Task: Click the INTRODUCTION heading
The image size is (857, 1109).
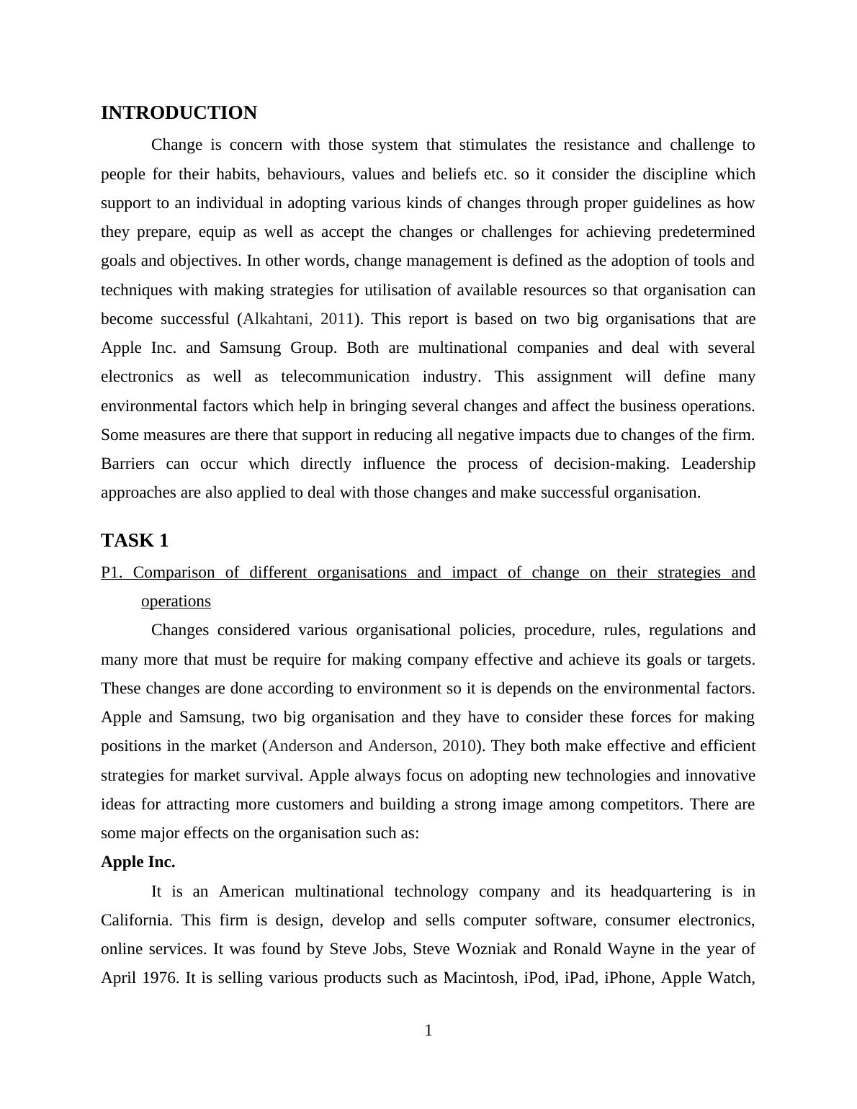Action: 179,113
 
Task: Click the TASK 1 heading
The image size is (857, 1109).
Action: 135,540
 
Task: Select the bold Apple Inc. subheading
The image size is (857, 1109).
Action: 138,862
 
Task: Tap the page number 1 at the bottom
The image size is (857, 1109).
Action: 428,1031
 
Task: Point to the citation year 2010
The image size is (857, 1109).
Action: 459,746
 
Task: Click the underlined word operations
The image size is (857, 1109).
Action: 176,601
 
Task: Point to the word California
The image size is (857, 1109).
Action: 135,920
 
